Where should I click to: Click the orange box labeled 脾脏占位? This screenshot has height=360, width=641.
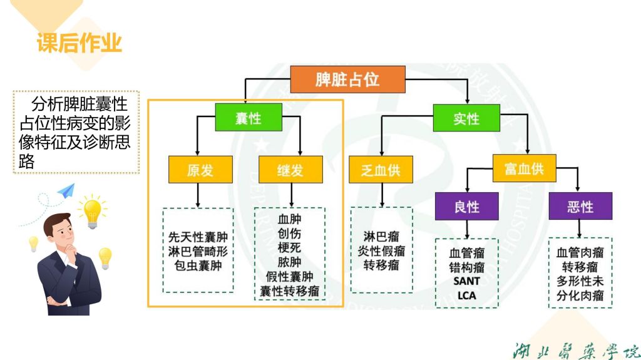click(x=347, y=80)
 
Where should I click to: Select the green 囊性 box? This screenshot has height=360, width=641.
click(x=249, y=118)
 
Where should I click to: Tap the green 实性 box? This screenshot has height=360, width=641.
click(x=466, y=118)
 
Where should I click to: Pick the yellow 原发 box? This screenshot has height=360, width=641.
click(x=200, y=170)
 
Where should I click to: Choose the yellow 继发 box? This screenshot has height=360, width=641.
click(x=290, y=170)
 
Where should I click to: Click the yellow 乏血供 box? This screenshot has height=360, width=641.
click(x=381, y=170)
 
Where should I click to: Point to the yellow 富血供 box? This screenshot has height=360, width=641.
click(x=524, y=168)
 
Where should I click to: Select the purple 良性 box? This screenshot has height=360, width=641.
click(x=467, y=207)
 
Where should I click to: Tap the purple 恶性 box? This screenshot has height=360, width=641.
click(x=580, y=207)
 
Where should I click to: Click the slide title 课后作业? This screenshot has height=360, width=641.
click(x=79, y=43)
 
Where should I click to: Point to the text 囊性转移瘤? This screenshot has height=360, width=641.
click(x=290, y=291)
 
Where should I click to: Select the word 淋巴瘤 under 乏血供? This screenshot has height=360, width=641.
click(x=381, y=237)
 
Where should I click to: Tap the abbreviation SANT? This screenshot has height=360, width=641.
click(x=466, y=281)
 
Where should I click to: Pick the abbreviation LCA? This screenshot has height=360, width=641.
click(x=466, y=295)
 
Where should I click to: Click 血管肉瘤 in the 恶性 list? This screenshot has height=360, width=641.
click(x=580, y=253)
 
